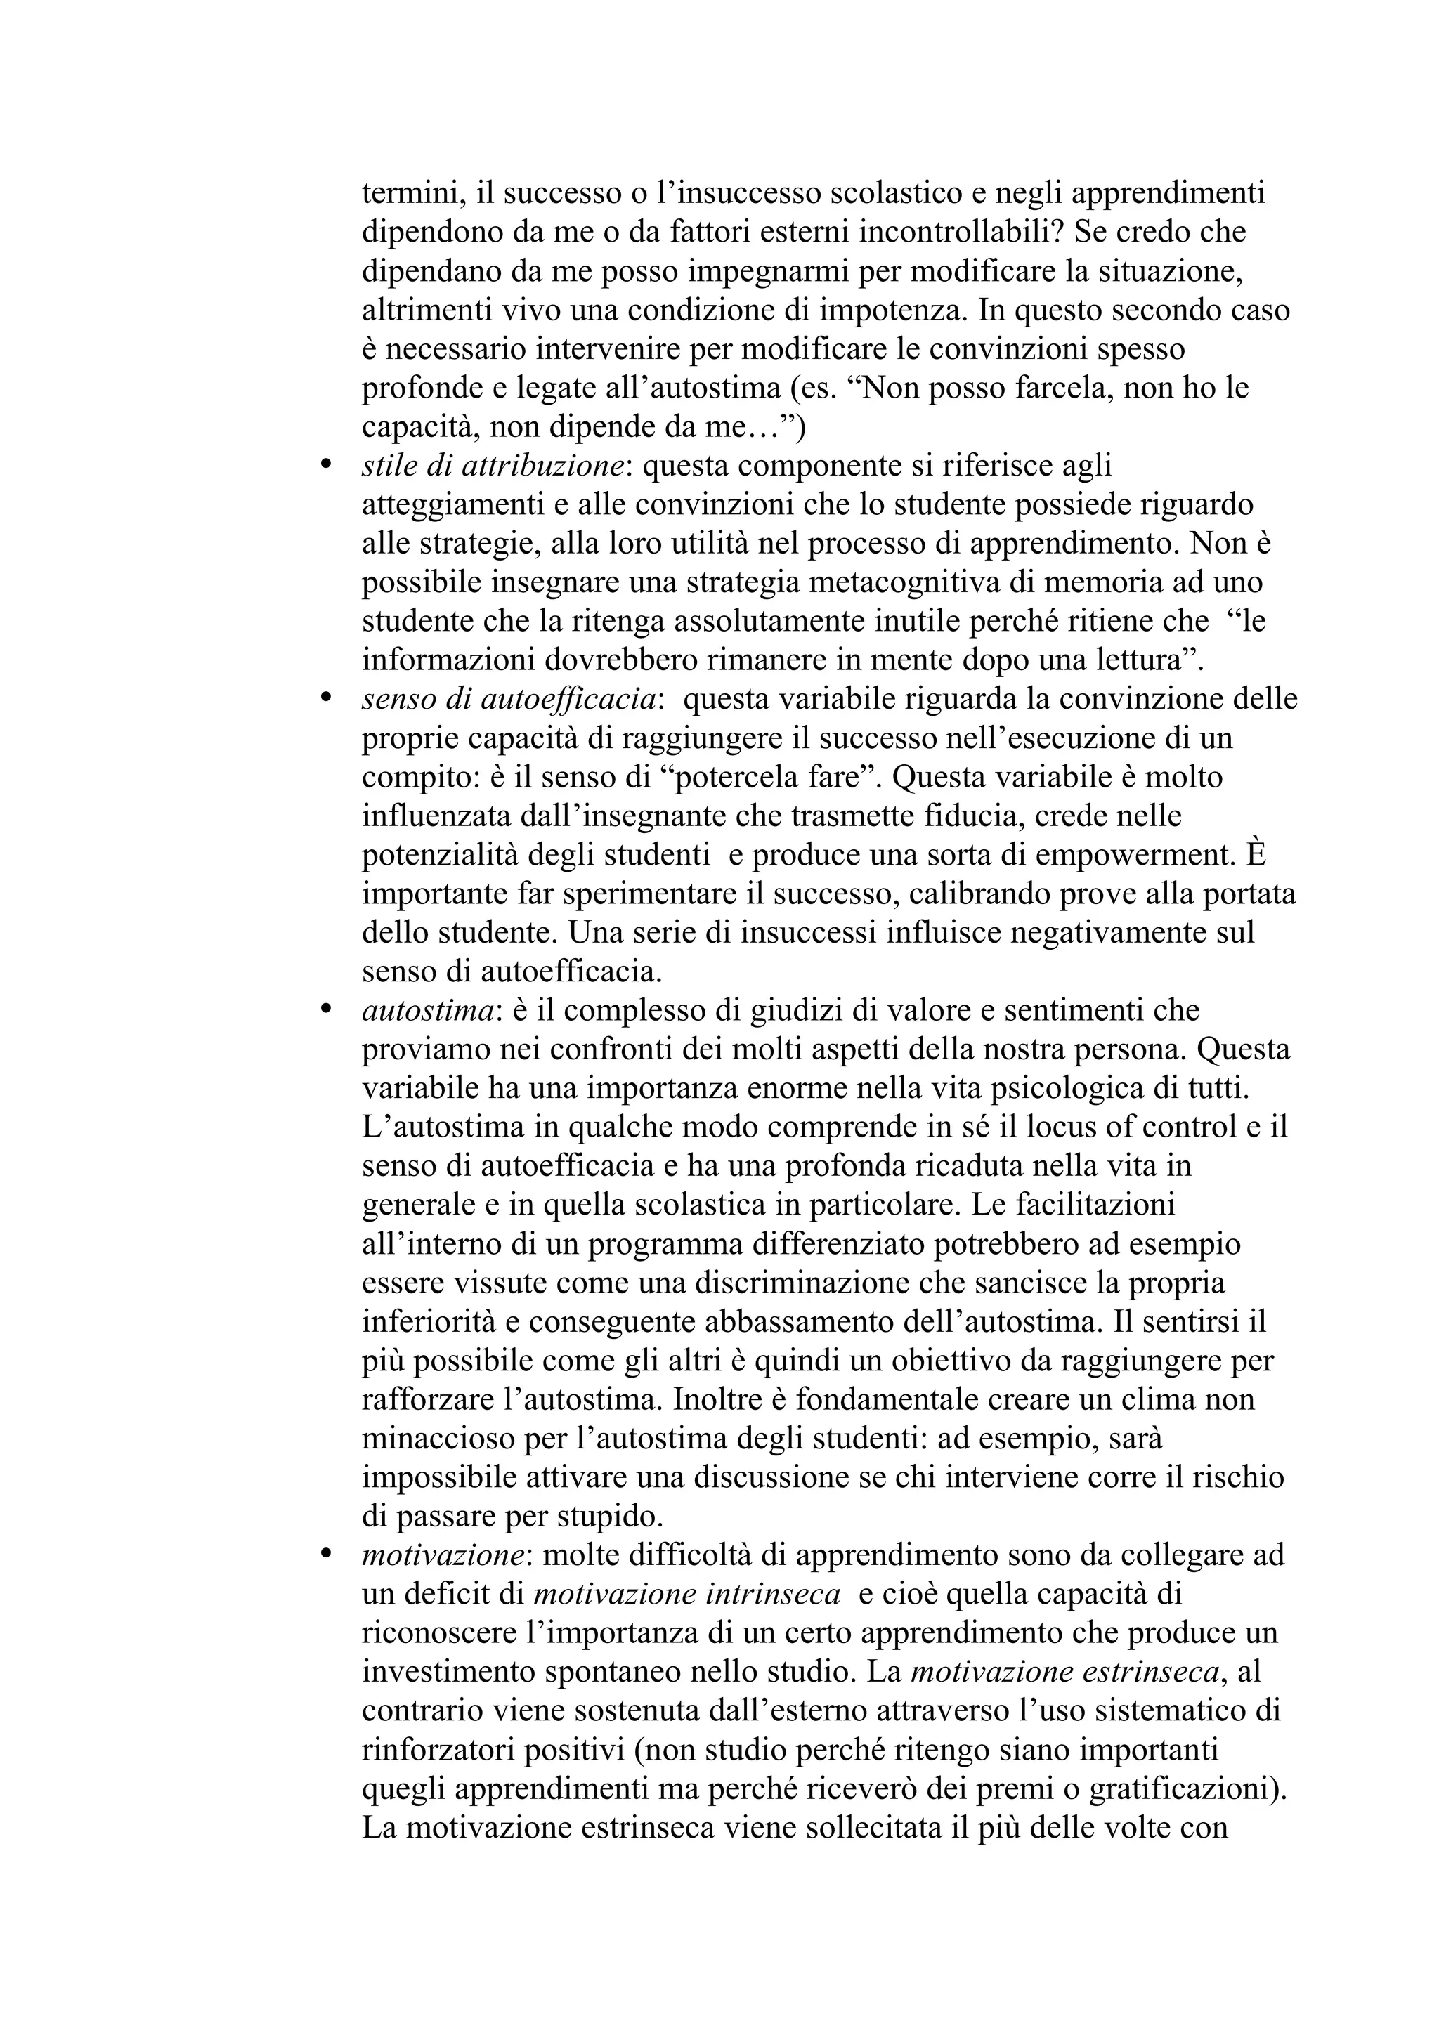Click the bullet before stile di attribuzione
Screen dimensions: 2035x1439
pos(325,464)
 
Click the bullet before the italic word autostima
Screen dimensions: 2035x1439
pos(325,1009)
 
